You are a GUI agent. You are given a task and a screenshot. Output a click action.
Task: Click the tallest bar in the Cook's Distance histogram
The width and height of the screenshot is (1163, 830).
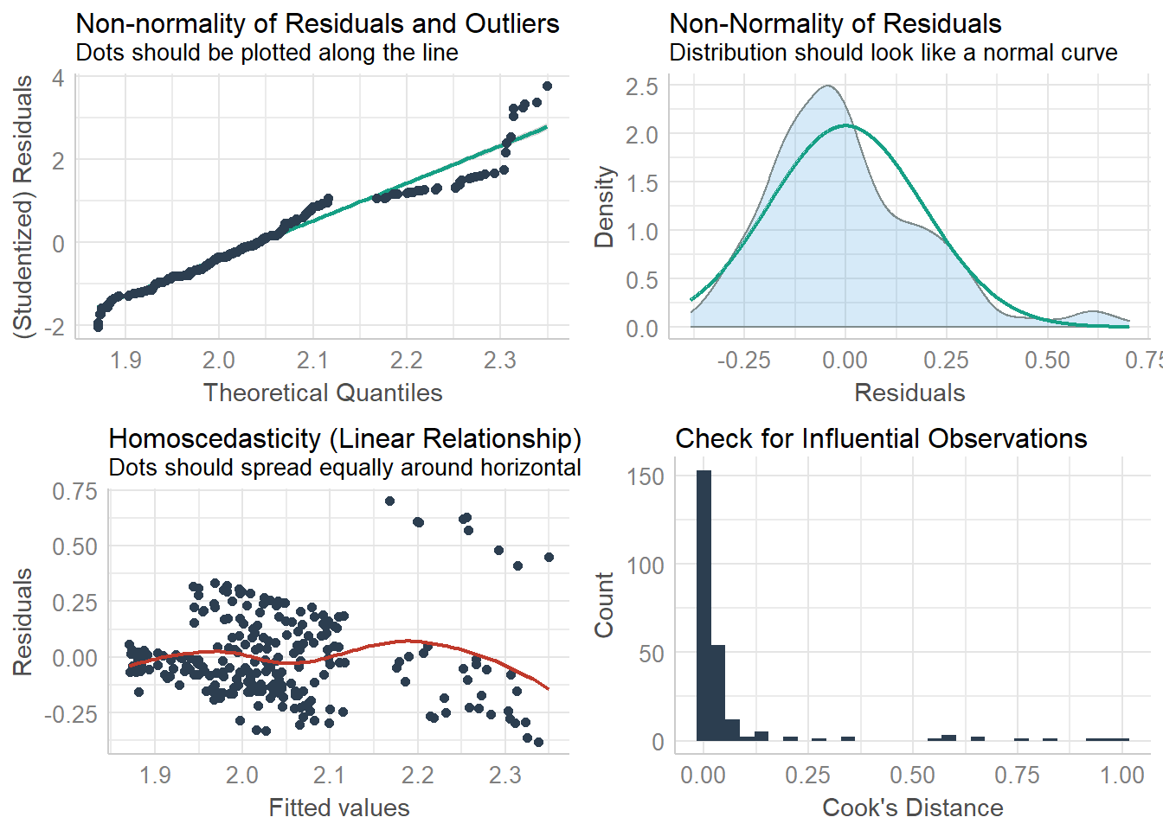[x=704, y=605]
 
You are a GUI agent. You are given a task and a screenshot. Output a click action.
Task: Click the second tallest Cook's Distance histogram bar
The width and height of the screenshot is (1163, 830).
[x=718, y=693]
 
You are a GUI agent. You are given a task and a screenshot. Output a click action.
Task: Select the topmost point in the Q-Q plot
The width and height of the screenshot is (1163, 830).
[x=547, y=86]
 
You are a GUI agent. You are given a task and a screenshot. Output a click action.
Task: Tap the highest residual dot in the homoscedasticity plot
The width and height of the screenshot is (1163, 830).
[x=389, y=501]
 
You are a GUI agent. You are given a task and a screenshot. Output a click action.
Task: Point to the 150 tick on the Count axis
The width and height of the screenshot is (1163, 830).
[x=646, y=476]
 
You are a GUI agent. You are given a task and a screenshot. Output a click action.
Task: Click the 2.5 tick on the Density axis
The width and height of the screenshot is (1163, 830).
[x=641, y=86]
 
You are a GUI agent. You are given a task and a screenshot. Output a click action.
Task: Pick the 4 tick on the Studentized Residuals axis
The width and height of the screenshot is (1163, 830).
[x=58, y=78]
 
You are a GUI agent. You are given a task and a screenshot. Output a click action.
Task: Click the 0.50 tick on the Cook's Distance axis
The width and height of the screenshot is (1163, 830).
[x=912, y=775]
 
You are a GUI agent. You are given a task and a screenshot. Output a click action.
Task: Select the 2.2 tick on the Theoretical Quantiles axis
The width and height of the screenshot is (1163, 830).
[x=406, y=360]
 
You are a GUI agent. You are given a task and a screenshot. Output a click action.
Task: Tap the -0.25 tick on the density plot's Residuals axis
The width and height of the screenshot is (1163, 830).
[x=743, y=360]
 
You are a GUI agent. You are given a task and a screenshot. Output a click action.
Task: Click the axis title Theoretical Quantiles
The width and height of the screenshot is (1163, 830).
[x=323, y=393]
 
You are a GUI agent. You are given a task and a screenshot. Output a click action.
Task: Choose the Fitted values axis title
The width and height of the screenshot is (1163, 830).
[x=339, y=808]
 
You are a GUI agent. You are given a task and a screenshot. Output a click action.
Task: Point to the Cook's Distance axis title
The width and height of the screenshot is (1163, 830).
[x=912, y=808]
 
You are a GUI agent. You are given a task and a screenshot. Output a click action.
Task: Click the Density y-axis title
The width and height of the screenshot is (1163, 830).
[x=604, y=207]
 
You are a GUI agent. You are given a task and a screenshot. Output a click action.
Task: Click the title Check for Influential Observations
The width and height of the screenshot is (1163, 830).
[x=881, y=438]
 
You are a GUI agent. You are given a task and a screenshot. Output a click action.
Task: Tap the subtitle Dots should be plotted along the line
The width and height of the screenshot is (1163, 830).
[x=267, y=53]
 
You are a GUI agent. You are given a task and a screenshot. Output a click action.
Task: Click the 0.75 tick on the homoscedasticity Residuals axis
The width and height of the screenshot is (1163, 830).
[x=74, y=491]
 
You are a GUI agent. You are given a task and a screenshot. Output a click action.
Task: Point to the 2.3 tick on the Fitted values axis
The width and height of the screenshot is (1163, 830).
[x=504, y=775]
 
